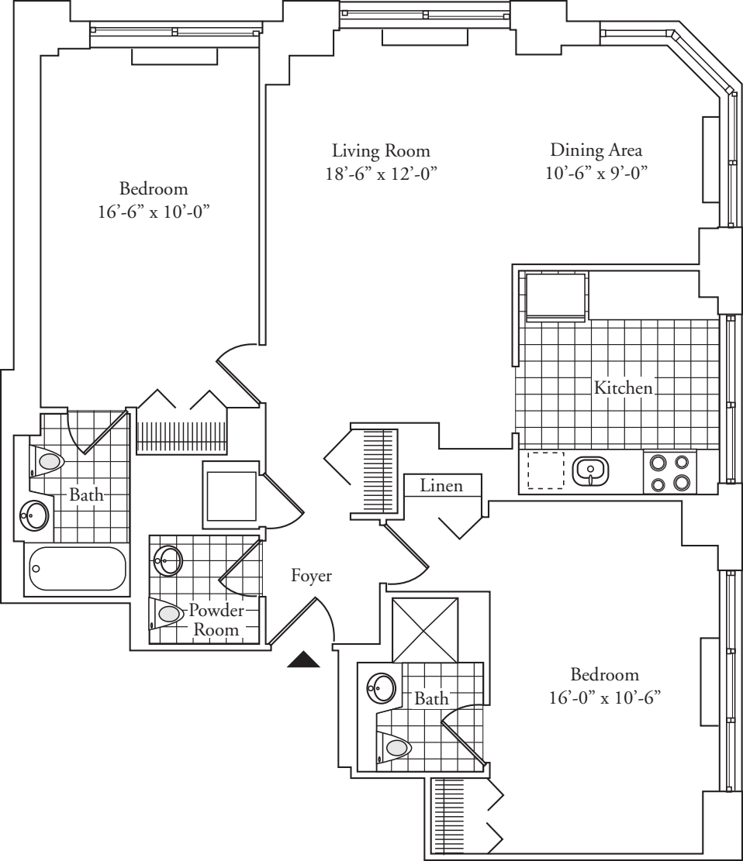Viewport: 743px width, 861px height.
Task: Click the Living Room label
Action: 381,150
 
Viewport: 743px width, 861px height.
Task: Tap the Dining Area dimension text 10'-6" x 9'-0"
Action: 596,173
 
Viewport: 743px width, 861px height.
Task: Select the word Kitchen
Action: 623,387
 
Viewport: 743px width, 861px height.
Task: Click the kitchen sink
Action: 590,470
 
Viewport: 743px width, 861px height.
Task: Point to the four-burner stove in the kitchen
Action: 669,473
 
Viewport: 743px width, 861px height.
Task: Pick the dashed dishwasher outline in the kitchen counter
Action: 546,470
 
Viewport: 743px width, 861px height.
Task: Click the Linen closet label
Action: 441,487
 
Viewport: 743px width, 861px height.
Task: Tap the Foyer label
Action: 312,576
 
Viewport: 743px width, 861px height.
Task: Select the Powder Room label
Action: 216,620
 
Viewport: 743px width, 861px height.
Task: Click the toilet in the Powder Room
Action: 169,614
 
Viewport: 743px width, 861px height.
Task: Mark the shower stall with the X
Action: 424,631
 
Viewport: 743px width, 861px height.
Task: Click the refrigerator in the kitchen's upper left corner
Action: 556,295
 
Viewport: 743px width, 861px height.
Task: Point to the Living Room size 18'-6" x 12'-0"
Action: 381,173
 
